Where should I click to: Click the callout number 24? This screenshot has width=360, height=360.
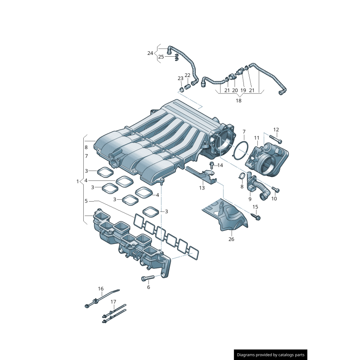click(x=150, y=53)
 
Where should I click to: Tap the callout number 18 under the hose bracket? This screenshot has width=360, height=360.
click(x=238, y=100)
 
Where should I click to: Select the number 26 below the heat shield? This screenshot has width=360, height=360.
click(x=231, y=239)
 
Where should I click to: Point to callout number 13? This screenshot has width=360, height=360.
click(x=202, y=188)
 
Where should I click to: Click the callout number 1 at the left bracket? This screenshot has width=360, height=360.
click(x=77, y=181)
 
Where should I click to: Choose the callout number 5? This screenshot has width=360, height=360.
click(x=86, y=201)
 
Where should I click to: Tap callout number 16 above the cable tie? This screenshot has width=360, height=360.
click(x=101, y=288)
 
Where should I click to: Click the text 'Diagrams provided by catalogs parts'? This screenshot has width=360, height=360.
click(x=271, y=355)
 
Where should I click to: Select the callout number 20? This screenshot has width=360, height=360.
click(x=235, y=90)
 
